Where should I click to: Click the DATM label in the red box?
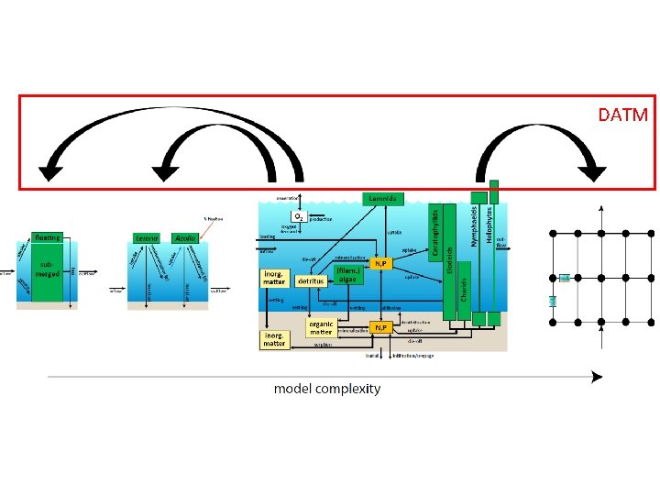(x=623, y=115)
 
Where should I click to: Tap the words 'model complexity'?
(x=327, y=389)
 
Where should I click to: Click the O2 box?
(x=300, y=216)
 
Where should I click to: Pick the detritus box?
(x=312, y=281)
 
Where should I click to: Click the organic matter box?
(x=321, y=327)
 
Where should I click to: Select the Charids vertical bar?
(x=464, y=293)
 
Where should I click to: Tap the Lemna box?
(x=148, y=238)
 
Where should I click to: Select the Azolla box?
(x=185, y=238)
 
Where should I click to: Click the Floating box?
(x=48, y=237)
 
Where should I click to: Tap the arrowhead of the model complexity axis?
(x=597, y=377)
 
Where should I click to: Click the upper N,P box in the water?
(x=380, y=264)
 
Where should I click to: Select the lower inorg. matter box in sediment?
(x=275, y=339)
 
